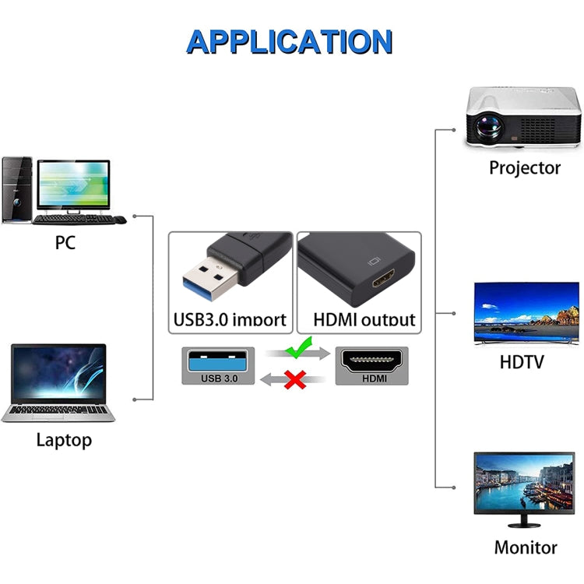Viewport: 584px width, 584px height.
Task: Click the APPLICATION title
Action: (290, 40)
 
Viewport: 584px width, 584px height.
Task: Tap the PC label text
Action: (65, 242)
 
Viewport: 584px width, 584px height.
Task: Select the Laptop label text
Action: (64, 440)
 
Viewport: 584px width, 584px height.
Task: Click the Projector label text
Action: (525, 167)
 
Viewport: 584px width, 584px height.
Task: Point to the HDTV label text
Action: (522, 362)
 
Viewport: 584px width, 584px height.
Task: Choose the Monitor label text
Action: (526, 547)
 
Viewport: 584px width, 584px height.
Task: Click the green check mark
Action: (297, 347)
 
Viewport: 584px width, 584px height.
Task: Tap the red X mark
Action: (294, 379)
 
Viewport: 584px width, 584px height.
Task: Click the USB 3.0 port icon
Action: (217, 365)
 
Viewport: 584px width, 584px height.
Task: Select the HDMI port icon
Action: (375, 365)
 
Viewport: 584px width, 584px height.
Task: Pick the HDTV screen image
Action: (526, 312)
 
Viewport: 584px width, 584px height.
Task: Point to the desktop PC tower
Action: (16, 189)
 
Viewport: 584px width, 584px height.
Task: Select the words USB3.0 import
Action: (230, 318)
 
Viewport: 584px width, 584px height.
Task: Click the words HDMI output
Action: (364, 318)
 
